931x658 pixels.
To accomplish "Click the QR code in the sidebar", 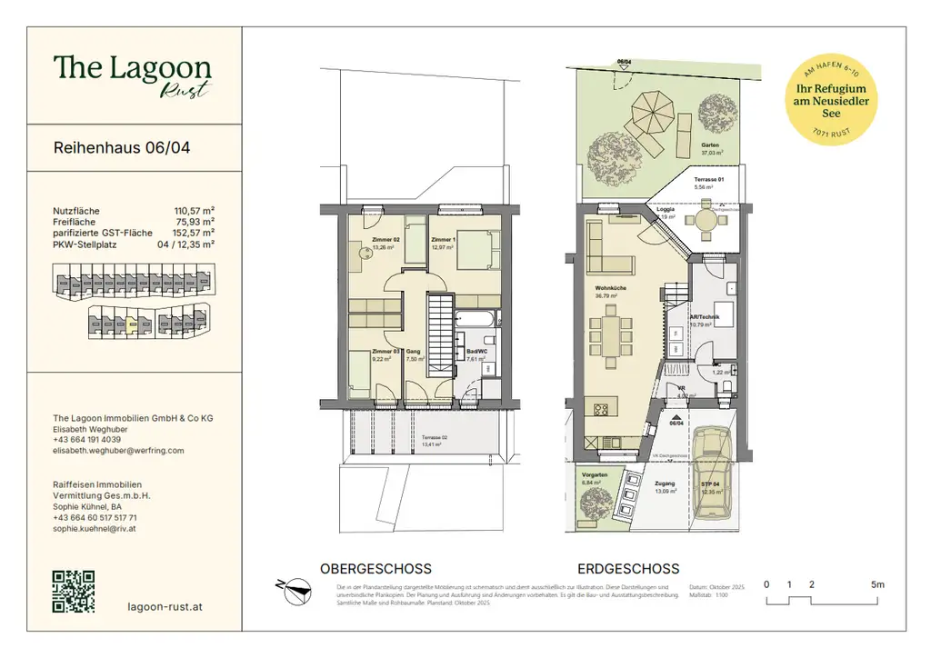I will click(x=74, y=592).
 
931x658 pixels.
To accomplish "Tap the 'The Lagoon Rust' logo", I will click(x=132, y=73).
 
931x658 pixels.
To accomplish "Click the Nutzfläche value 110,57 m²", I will click(x=194, y=210).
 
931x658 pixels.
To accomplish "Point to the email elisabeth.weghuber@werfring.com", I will click(x=118, y=450).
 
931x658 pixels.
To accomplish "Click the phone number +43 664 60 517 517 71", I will click(x=105, y=517).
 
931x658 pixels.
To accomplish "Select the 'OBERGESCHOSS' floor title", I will click(x=375, y=569).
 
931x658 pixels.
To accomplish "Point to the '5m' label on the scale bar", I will click(x=876, y=584).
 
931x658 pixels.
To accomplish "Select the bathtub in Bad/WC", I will click(x=476, y=320).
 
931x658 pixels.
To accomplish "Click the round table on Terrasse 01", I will click(x=704, y=218).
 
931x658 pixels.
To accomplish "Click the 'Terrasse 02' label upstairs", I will click(x=434, y=437).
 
